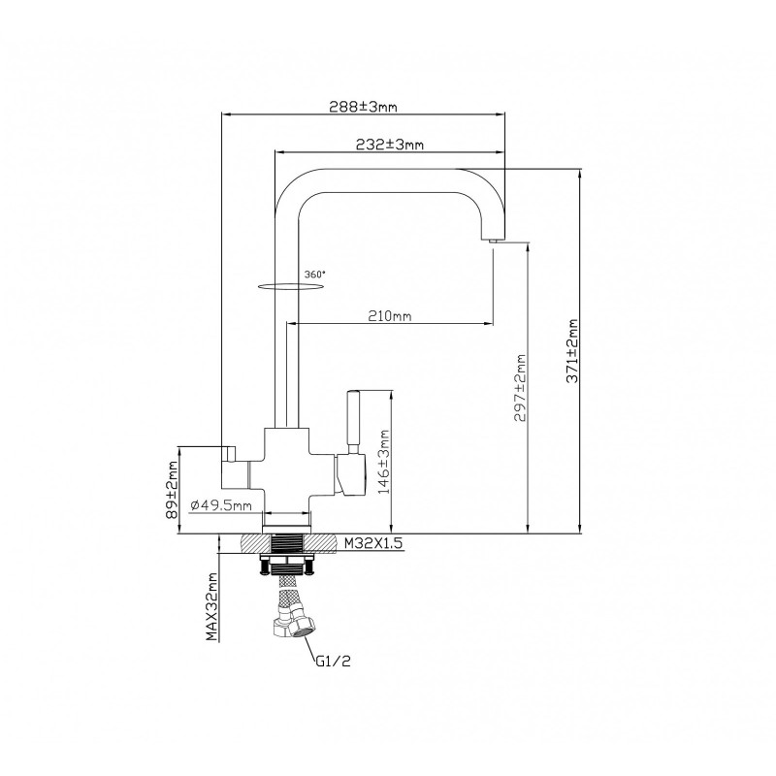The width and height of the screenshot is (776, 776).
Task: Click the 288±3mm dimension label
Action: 363,107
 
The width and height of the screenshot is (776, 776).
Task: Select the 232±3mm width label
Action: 390,145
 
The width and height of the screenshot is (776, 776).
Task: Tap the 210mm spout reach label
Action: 390,316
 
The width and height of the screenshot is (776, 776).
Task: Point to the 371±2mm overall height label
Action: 572,351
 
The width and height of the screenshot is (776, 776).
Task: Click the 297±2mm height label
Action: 520,387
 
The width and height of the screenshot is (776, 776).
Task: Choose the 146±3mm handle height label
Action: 384,462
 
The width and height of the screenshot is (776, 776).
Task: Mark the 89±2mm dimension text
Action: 173,490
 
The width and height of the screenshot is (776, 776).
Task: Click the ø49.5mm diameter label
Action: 221,505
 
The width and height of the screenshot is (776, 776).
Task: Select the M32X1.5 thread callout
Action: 373,543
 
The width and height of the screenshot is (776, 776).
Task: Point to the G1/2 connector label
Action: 333,661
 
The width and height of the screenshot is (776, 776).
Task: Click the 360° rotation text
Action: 315,275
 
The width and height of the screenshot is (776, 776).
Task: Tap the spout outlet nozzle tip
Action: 494,241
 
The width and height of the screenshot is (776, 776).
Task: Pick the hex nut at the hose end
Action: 301,627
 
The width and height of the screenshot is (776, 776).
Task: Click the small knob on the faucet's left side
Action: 231,453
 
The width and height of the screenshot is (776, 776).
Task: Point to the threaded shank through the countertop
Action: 287,543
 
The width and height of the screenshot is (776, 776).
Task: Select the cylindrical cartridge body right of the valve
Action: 350,474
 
